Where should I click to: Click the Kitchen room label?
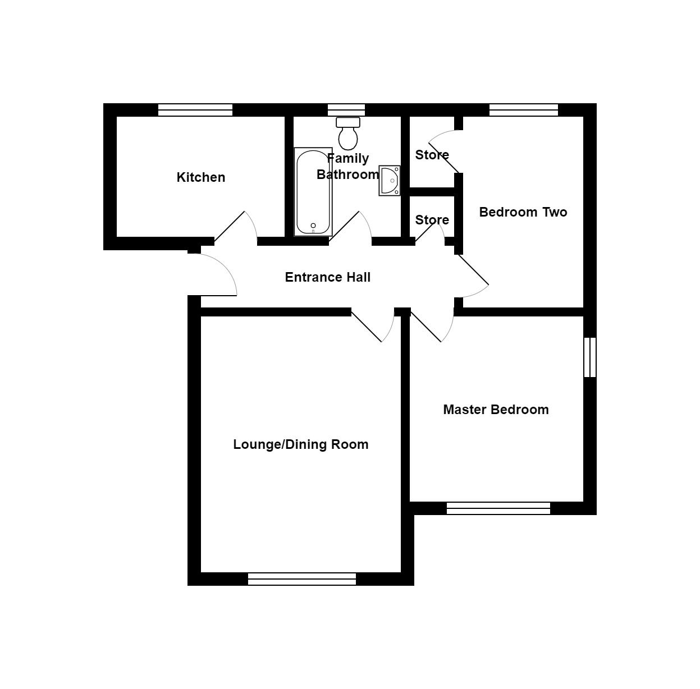[200, 177]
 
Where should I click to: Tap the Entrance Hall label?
[327, 277]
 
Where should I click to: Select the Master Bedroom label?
[496, 410]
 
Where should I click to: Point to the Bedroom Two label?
[523, 212]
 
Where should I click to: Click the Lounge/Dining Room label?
[301, 444]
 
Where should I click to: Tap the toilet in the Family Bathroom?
[348, 134]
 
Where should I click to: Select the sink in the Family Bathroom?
[390, 180]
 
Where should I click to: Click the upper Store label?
[432, 155]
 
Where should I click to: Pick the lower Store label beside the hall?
[432, 220]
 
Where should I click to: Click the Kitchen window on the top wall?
[195, 110]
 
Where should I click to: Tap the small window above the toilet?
[346, 110]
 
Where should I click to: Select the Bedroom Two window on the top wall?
[523, 110]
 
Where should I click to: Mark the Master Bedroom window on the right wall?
[590, 357]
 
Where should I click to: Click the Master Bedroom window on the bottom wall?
[498, 508]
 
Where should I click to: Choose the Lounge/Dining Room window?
[302, 579]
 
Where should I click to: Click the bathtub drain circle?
[313, 226]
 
